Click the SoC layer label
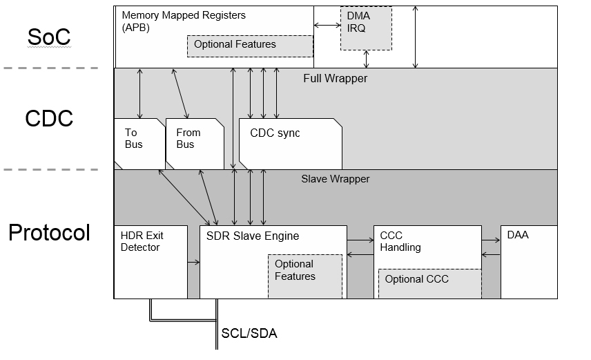coord(48,37)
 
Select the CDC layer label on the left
coord(48,118)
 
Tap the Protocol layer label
coord(49,233)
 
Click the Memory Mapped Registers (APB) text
coord(183,21)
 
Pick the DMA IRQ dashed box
coord(366,28)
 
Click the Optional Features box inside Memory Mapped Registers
coord(250,46)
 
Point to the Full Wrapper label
coord(335,79)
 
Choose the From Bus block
coord(194,143)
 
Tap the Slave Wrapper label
coord(335,179)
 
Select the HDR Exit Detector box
coord(150,261)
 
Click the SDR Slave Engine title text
coord(253,236)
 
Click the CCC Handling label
coord(400,241)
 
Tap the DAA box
coord(528,261)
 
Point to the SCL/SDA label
coord(249,333)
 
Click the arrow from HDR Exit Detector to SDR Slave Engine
coord(193,263)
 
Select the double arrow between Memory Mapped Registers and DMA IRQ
coord(327,26)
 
